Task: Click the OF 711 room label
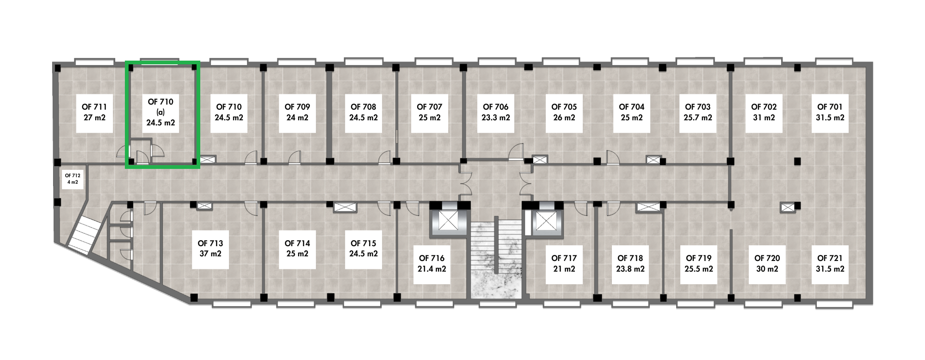point(94,112)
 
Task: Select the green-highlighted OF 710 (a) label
point(160,112)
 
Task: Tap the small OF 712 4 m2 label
point(73,179)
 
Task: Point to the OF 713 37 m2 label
point(210,248)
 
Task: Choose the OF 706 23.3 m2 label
point(496,112)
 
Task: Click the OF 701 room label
point(830,112)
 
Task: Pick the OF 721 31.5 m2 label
point(830,264)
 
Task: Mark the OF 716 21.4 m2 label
point(432,264)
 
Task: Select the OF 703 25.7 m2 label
point(698,112)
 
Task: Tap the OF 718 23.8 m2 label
point(630,264)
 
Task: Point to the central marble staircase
point(496,258)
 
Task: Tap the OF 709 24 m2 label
point(297,112)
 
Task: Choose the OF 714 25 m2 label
point(297,248)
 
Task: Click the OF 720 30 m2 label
point(767,264)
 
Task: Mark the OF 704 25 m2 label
point(632,112)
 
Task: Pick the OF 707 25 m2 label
point(430,112)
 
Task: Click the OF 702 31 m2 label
point(764,112)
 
